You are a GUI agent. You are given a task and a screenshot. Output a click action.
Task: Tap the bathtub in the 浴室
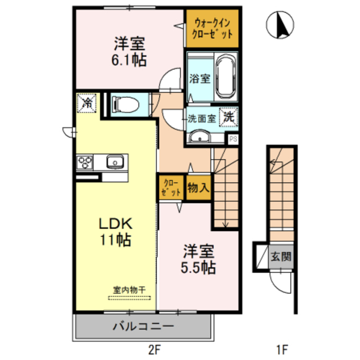(226, 77)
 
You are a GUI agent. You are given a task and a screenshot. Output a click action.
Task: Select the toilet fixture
(125, 103)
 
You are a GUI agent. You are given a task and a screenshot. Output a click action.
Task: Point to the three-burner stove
(86, 163)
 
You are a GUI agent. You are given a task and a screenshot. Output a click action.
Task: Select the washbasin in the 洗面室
(199, 137)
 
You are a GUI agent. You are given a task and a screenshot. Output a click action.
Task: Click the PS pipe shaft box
(232, 138)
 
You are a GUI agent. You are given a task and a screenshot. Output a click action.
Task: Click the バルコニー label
(143, 326)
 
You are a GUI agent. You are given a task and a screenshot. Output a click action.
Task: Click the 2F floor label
(152, 350)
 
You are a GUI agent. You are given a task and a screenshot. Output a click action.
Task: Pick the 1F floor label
(282, 350)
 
